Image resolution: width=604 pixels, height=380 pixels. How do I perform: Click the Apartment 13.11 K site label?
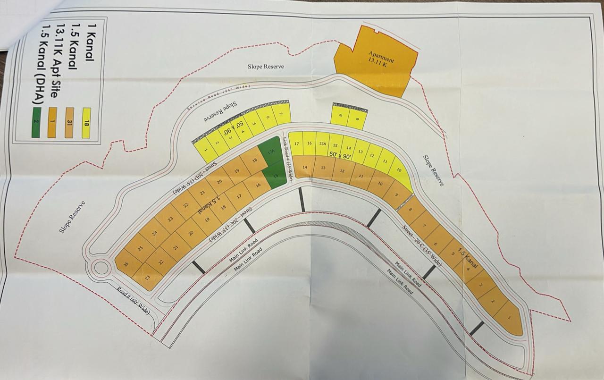tap(379, 60)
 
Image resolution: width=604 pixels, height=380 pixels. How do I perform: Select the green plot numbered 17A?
tap(271, 152)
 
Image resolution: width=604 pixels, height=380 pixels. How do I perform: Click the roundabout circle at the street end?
tap(101, 268)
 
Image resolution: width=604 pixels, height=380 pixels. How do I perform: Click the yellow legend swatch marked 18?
tap(86, 123)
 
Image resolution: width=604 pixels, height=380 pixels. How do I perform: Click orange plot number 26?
tap(126, 264)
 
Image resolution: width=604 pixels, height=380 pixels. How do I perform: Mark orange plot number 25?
tap(140, 248)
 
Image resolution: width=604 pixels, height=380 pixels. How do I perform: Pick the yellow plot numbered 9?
tap(357, 119)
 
